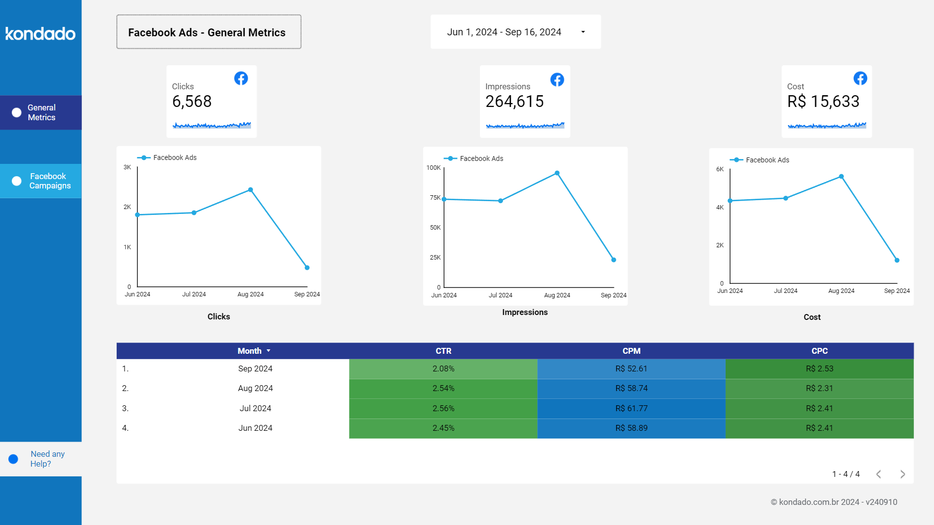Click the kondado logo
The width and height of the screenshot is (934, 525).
(40, 33)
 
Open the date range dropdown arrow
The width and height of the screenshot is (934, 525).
(583, 32)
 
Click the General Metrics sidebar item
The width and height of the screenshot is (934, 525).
(41, 112)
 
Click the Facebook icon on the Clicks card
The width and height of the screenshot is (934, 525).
(241, 79)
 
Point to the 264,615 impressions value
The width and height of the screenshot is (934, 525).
(514, 102)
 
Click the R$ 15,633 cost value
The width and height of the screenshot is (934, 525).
(823, 102)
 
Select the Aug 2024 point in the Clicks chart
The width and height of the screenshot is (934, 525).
(251, 190)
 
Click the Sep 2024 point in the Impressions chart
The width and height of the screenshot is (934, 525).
(613, 260)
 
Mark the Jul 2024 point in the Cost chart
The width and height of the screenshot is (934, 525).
(785, 198)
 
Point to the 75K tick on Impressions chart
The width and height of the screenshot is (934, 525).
(435, 198)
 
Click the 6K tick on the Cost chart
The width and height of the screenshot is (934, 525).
(720, 169)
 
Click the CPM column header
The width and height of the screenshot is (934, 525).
(631, 351)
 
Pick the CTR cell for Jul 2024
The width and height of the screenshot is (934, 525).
(443, 408)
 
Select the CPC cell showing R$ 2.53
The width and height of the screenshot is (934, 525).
(819, 368)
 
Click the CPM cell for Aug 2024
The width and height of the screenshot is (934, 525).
(631, 388)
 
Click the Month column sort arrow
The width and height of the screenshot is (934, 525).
(269, 351)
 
